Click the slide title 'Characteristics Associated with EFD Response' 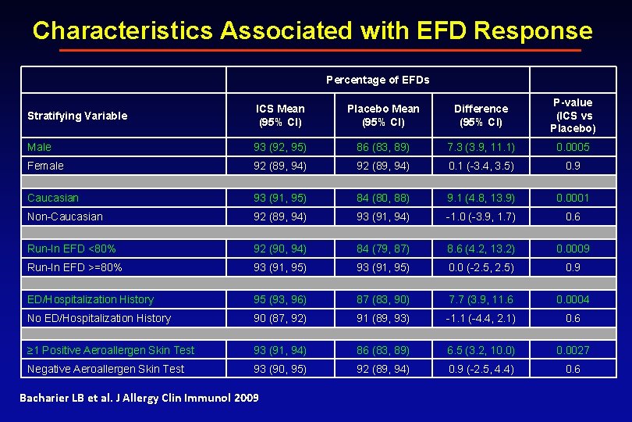[312, 30]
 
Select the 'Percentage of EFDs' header [378, 80]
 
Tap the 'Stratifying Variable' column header [77, 116]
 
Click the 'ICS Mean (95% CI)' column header [280, 115]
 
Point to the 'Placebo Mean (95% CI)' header [382, 115]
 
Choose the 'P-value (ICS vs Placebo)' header [573, 115]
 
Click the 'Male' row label [39, 147]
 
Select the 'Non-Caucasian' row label [65, 216]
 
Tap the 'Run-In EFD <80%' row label [72, 249]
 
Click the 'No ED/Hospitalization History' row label [99, 318]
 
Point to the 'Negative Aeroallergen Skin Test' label [106, 369]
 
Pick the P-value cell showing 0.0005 [573, 147]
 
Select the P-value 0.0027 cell [573, 350]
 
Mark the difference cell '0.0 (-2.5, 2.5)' [481, 267]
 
